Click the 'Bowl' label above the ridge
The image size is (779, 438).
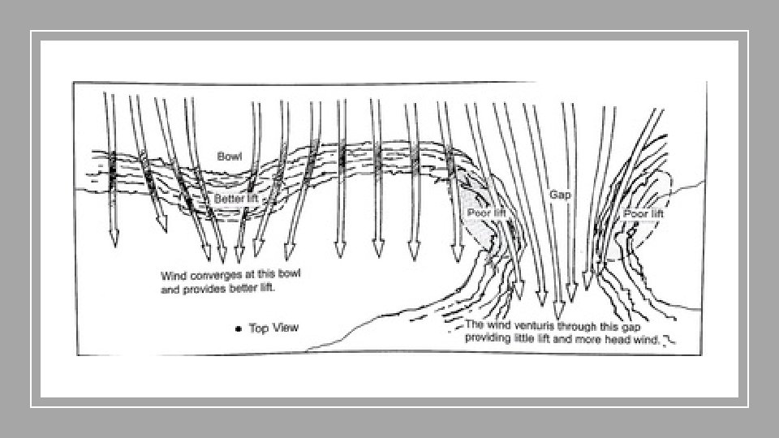[229, 156]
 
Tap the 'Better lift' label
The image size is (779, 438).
[235, 199]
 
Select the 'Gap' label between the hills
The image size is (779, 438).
[560, 195]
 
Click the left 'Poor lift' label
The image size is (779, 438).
[487, 213]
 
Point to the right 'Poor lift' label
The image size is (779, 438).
[643, 214]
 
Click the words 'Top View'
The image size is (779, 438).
[273, 328]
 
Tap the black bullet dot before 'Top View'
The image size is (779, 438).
[237, 328]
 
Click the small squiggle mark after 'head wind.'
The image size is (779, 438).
[669, 341]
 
